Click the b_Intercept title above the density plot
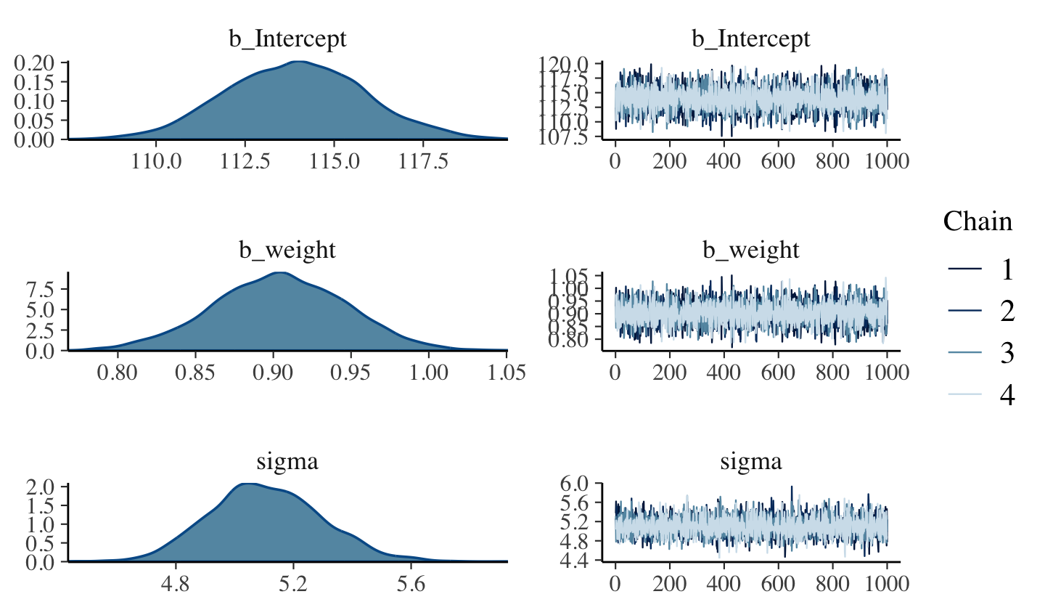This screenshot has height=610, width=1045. [288, 39]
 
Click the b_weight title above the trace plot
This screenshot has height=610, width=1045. [750, 251]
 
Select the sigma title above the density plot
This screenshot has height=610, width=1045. [288, 462]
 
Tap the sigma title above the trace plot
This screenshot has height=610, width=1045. [750, 462]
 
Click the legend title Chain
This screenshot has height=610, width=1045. [978, 221]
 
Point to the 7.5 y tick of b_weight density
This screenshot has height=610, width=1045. [41, 289]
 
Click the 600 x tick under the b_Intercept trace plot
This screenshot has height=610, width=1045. [779, 161]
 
